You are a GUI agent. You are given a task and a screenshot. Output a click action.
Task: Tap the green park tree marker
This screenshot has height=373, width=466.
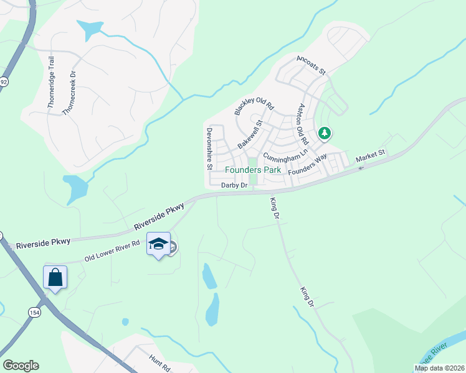tap(324, 133)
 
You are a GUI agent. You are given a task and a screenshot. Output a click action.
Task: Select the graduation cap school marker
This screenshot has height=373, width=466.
tap(159, 244)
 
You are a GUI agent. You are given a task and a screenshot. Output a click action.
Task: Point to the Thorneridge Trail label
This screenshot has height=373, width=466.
tap(52, 83)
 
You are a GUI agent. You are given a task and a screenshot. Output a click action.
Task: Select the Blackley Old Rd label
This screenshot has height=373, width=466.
tap(254, 100)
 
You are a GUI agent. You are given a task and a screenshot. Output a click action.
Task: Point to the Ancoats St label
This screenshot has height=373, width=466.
tap(311, 63)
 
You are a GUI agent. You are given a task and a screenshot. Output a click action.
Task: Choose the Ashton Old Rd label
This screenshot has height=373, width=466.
tap(305, 124)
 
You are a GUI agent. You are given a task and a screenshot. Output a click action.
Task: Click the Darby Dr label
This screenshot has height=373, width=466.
tap(235, 185)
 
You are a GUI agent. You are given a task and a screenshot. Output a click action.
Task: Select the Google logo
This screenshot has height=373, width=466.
tap(21, 366)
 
